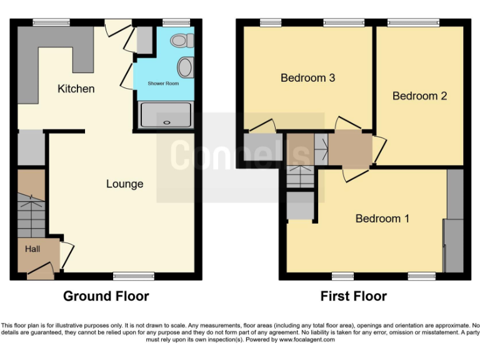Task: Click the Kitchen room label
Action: click(x=76, y=89)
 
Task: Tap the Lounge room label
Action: click(x=124, y=184)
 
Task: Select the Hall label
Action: click(x=32, y=249)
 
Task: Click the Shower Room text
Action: click(x=163, y=83)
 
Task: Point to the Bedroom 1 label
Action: click(x=382, y=218)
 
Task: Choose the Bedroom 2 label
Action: click(x=419, y=96)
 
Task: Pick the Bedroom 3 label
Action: click(x=307, y=78)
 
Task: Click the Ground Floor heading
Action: click(x=106, y=296)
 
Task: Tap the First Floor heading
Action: click(x=354, y=296)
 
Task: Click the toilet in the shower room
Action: click(x=181, y=41)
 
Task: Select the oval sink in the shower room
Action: click(x=185, y=66)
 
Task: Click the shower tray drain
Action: click(x=166, y=122)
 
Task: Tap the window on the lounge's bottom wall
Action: click(x=134, y=275)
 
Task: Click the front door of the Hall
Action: click(x=39, y=271)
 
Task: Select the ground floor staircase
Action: click(x=31, y=216)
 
